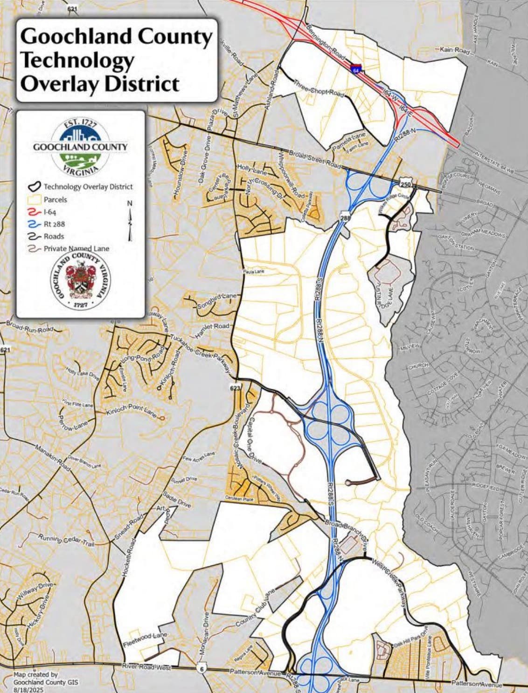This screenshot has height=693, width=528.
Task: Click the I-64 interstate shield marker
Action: [x=356, y=69]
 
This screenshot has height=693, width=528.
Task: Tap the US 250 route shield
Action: [x=405, y=185]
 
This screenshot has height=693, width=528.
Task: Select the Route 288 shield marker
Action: [x=345, y=217]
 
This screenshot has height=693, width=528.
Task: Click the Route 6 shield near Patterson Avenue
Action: [x=201, y=669]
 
